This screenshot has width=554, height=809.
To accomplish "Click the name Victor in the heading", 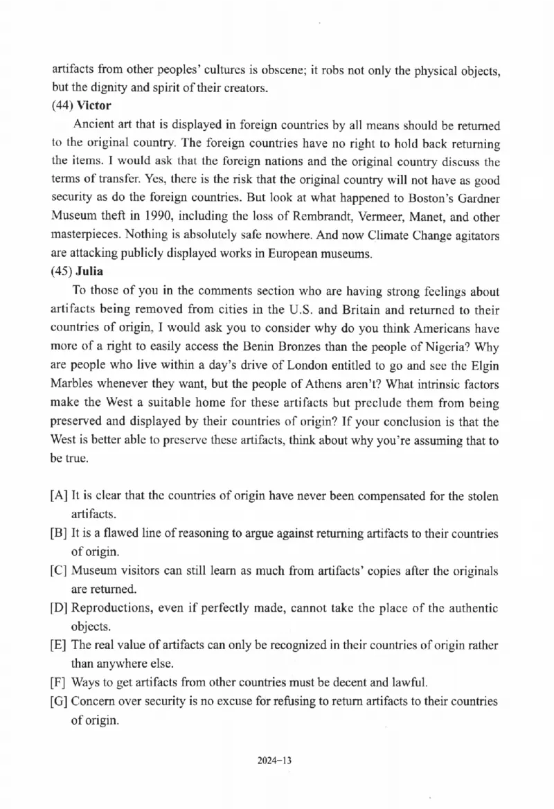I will tap(94, 106).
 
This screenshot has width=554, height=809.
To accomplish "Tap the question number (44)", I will tap(62, 106).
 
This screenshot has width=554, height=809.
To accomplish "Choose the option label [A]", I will tap(59, 497).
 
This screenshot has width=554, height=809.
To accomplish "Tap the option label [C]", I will tap(59, 571).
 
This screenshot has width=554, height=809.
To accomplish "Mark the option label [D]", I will tap(59, 609).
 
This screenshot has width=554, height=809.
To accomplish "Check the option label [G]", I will tap(59, 702).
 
